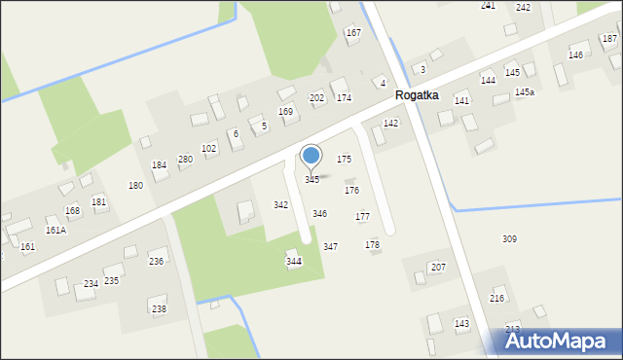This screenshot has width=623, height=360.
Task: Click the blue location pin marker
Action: click(x=311, y=156)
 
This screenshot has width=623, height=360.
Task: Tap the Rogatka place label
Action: click(x=417, y=95)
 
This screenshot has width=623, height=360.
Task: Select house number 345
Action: click(x=311, y=180)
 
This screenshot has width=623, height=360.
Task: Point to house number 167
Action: click(x=352, y=33)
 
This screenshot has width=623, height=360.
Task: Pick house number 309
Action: click(x=509, y=238)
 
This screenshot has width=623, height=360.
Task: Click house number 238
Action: click(x=159, y=308)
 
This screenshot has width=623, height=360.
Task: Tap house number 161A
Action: click(x=55, y=231)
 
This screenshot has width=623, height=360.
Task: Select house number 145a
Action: click(x=525, y=91)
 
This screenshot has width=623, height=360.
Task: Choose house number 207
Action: click(x=438, y=267)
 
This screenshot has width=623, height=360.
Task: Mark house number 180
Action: click(x=135, y=185)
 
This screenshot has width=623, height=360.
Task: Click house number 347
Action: click(x=330, y=247)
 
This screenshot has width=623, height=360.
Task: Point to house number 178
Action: click(x=372, y=245)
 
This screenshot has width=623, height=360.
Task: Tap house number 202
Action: click(x=316, y=98)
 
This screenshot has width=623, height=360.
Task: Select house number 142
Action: click(x=390, y=124)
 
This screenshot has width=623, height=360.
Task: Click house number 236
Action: click(x=156, y=261)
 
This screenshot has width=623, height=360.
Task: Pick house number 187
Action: click(x=609, y=38)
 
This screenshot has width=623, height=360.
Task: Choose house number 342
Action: click(x=280, y=205)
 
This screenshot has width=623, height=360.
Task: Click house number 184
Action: click(x=159, y=165)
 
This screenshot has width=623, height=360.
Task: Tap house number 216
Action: click(x=497, y=299)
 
